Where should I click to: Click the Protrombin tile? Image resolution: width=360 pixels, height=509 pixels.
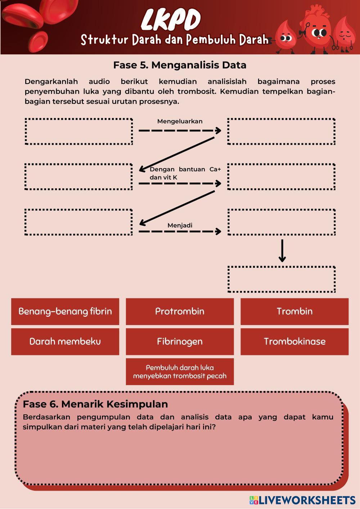(180, 311)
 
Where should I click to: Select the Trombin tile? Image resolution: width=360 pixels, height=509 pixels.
(294, 311)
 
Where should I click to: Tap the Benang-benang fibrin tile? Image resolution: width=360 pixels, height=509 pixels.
(65, 311)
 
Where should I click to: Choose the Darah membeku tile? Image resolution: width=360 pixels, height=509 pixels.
(65, 342)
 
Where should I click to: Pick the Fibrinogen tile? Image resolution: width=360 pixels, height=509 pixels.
(180, 342)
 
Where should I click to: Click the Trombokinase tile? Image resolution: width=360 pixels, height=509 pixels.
(294, 342)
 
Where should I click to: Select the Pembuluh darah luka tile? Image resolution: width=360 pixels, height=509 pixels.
(180, 371)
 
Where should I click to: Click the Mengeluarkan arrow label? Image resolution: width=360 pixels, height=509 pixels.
(180, 121)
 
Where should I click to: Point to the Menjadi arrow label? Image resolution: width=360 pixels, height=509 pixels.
(180, 225)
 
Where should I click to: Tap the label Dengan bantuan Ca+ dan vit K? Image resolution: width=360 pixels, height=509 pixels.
(185, 173)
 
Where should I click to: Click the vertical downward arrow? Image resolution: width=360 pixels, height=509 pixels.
(282, 251)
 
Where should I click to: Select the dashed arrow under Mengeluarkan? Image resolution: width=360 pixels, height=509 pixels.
(180, 130)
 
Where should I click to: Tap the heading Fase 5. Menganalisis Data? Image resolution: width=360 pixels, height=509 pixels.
(180, 65)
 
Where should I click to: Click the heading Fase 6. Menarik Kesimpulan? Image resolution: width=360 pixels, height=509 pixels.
(95, 404)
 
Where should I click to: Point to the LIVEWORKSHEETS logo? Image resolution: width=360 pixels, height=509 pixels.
(302, 500)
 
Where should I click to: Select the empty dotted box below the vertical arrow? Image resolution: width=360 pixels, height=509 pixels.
(282, 279)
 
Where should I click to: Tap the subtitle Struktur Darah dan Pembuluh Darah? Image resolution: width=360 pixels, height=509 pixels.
(175, 40)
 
